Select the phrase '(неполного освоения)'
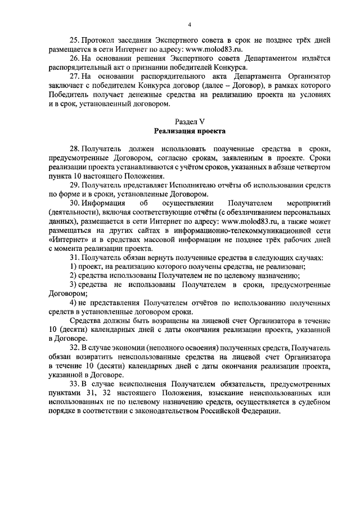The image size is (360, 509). coord(186,348)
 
